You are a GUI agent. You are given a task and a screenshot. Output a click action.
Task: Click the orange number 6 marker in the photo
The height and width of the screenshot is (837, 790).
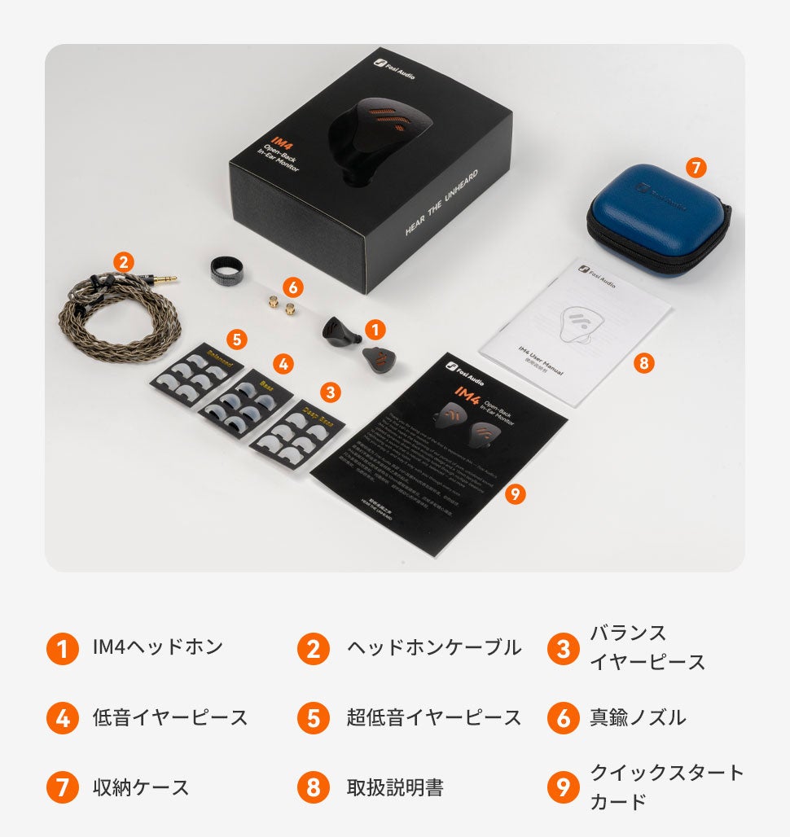(293, 287)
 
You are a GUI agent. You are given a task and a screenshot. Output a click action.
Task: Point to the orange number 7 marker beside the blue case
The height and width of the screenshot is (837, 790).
(694, 168)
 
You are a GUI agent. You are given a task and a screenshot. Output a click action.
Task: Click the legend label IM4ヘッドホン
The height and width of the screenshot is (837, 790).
(157, 648)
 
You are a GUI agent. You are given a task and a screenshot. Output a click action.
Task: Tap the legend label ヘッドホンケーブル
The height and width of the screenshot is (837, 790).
(433, 648)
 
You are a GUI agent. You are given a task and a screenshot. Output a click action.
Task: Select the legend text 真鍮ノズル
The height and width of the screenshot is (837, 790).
(637, 717)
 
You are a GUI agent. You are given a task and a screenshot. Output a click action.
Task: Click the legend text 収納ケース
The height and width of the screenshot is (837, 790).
(140, 787)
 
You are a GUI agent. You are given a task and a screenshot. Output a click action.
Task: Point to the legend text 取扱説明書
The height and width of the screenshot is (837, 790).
(395, 787)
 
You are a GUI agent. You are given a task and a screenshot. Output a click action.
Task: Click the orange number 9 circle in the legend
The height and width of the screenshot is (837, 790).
(563, 787)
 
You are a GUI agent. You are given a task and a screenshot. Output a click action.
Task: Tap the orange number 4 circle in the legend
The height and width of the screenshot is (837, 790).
(63, 717)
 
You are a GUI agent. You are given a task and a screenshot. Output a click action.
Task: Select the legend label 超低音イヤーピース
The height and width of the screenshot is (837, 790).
(433, 717)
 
